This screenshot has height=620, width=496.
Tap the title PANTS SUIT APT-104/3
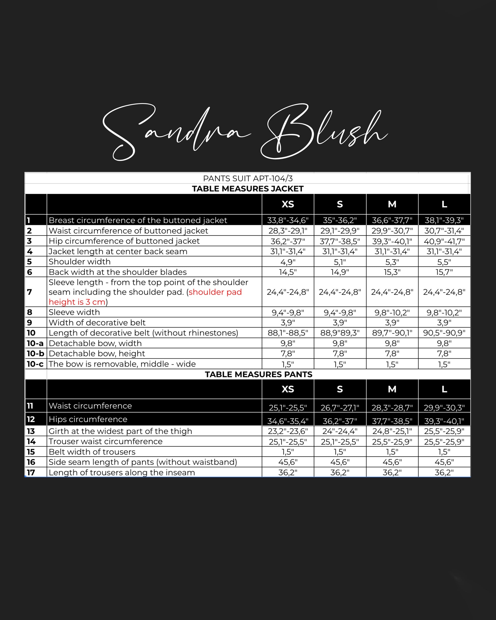pyautogui.click(x=248, y=178)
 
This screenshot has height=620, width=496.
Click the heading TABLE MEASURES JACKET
pyautogui.click(x=248, y=189)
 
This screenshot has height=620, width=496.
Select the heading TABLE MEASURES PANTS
pyautogui.click(x=258, y=374)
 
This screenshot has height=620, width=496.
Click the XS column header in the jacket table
pyautogui.click(x=288, y=204)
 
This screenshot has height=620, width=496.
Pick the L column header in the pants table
pyautogui.click(x=444, y=389)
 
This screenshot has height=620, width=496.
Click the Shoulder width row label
pyautogui.click(x=80, y=262)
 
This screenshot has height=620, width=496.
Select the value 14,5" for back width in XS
pyautogui.click(x=288, y=272)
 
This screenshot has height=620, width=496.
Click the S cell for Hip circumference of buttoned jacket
pyautogui.click(x=340, y=241)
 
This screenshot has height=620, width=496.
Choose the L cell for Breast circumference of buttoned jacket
pyautogui.click(x=444, y=220)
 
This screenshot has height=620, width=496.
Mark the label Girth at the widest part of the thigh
pyautogui.click(x=120, y=431)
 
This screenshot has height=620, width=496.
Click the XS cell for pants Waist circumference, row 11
pyautogui.click(x=288, y=407)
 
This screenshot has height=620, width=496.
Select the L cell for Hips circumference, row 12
pyautogui.click(x=444, y=421)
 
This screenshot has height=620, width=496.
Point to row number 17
pyautogui.click(x=31, y=472)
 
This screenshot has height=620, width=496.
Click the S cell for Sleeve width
pyautogui.click(x=340, y=312)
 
